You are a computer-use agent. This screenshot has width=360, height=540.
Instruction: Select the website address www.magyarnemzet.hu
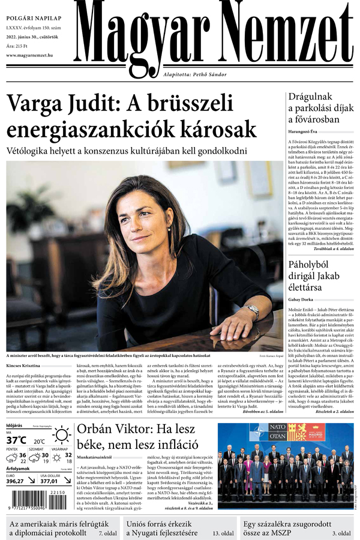coord(29,56)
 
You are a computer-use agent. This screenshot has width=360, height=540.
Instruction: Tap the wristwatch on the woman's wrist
coord(253,313)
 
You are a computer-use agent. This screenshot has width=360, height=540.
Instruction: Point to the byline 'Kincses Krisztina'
coord(23,365)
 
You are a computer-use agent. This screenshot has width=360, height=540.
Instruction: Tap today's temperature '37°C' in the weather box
coord(17,440)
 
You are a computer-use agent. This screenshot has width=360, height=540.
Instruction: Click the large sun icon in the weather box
coord(62,436)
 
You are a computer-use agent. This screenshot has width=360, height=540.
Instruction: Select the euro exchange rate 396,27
coord(16,481)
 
